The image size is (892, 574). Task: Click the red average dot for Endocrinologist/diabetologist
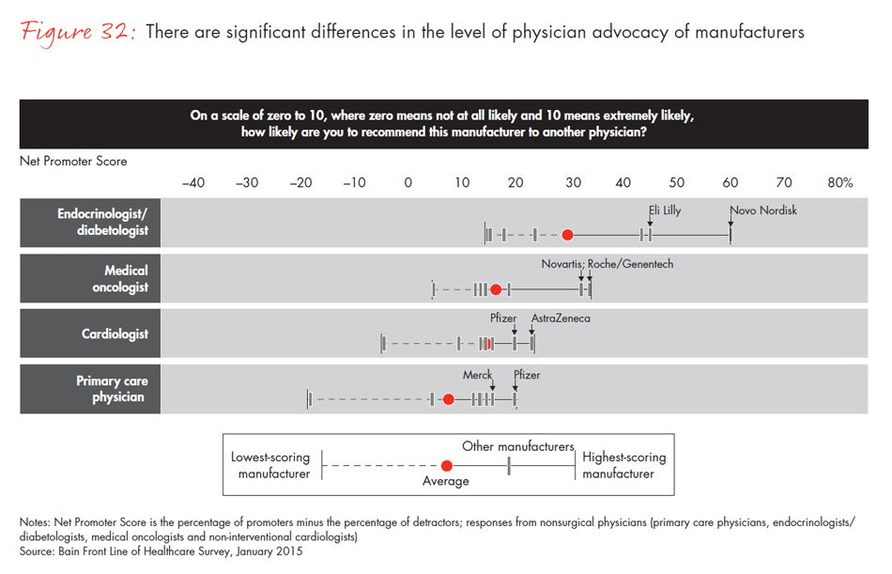(567, 235)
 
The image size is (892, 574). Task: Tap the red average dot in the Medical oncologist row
(496, 290)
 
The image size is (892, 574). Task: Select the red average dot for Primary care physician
(449, 399)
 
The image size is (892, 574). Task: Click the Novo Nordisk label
(763, 210)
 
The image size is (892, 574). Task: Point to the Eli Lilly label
(665, 210)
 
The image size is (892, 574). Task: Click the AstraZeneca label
(561, 318)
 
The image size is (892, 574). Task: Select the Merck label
(477, 375)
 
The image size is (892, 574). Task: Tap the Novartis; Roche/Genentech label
(607, 264)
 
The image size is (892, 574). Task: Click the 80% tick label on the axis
(839, 182)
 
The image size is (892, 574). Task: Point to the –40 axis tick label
(192, 182)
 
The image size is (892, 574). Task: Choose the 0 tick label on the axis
(408, 182)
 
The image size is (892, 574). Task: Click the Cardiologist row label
(115, 334)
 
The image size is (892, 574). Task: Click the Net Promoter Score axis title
(73, 161)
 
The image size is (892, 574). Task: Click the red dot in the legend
(447, 465)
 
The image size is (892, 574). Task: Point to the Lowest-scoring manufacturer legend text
(270, 465)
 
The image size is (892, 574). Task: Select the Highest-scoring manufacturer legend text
(623, 465)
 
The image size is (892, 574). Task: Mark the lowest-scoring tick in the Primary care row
(308, 399)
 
